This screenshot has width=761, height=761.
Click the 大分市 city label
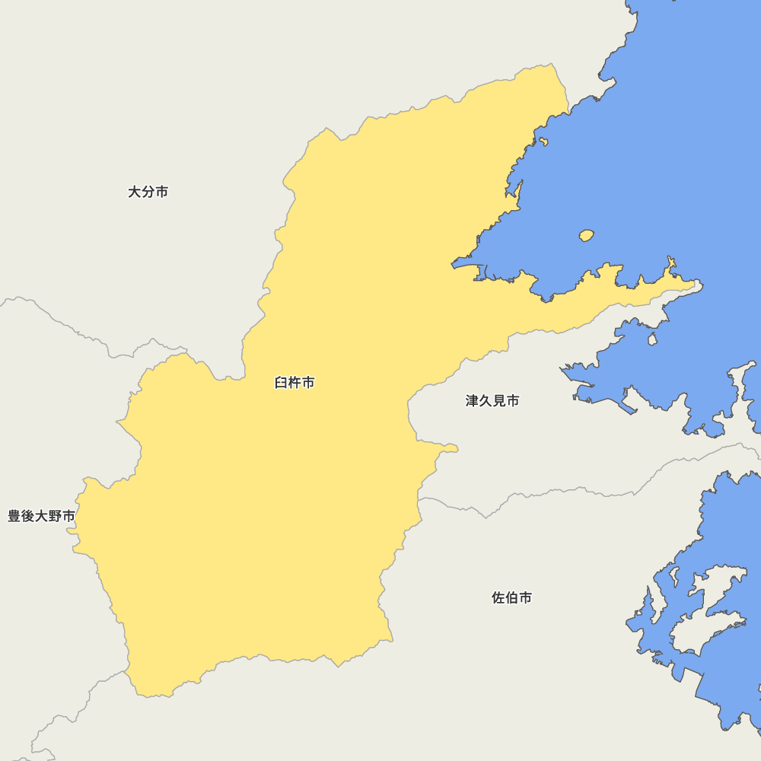point(148,192)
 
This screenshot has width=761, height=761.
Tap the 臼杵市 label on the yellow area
point(295,383)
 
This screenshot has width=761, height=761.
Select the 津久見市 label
point(492,400)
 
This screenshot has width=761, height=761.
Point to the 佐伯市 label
point(512,598)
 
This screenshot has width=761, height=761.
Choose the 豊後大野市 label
point(41,516)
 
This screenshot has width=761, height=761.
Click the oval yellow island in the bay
point(586,236)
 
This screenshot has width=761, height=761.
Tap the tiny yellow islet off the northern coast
point(543,141)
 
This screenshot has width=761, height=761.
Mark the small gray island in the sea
point(652,339)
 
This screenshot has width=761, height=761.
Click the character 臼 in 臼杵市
point(281,383)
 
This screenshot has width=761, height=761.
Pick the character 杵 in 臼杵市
point(295,383)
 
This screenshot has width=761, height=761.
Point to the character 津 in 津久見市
point(473,400)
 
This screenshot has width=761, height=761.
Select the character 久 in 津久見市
point(486,400)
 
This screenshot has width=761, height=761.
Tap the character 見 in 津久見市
point(499,400)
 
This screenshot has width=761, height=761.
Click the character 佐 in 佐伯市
point(498,598)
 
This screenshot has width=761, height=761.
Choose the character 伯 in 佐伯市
point(512,598)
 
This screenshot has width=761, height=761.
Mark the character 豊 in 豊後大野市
point(14,516)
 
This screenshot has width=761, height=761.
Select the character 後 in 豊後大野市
point(28,516)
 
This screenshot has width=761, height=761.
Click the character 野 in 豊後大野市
point(55,516)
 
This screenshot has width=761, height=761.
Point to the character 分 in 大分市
point(148,192)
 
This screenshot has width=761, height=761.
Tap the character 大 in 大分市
point(135,192)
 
